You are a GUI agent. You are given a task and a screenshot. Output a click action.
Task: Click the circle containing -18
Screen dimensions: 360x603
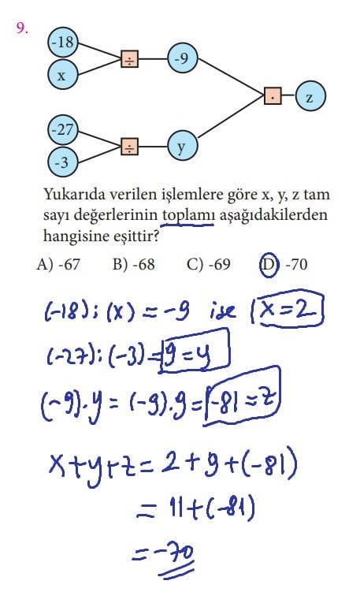click(63, 42)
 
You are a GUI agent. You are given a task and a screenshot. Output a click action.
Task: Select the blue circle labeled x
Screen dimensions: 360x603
click(63, 74)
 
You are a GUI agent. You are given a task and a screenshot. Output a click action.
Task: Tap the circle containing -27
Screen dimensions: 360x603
click(63, 130)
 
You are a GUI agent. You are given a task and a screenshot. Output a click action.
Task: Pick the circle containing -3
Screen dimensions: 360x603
click(63, 162)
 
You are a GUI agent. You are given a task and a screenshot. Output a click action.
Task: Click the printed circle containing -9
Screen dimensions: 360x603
click(183, 58)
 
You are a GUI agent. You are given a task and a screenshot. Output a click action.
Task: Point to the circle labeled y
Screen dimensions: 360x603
click(183, 146)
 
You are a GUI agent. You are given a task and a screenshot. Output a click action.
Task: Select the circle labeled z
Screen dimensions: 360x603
click(310, 96)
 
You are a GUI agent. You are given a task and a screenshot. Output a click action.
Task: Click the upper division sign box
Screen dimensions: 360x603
click(130, 59)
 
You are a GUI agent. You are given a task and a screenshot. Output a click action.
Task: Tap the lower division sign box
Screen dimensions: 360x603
click(130, 147)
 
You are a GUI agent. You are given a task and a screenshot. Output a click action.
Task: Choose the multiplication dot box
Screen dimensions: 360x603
click(273, 96)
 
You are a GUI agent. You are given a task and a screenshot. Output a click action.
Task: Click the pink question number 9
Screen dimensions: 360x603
click(22, 28)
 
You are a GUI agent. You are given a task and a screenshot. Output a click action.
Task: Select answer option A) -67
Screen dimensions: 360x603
click(58, 265)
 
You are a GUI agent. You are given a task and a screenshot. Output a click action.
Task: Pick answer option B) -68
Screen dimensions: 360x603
click(134, 265)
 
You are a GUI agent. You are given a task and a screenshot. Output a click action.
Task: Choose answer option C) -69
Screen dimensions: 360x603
click(209, 265)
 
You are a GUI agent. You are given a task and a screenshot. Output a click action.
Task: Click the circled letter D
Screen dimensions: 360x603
click(268, 266)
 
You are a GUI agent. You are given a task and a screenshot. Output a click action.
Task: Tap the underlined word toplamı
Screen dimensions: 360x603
click(187, 214)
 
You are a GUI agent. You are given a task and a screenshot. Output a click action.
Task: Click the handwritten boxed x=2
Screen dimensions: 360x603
click(291, 310)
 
